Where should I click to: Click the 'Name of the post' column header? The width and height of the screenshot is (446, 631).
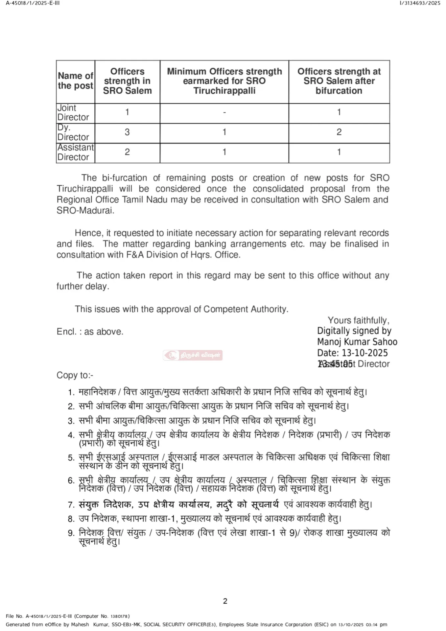point(76,81)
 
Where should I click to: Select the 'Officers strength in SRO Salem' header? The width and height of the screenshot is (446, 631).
point(127,81)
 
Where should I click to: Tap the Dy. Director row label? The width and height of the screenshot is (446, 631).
point(73,132)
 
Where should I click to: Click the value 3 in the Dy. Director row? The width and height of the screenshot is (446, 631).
point(127,132)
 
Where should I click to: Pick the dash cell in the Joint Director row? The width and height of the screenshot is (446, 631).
point(224,112)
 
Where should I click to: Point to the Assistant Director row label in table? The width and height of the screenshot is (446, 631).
point(75,152)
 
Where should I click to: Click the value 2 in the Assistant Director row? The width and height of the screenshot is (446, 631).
point(127,152)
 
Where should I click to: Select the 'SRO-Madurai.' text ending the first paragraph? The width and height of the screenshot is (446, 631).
point(85,211)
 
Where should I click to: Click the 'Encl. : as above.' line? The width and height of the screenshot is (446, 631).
point(90,332)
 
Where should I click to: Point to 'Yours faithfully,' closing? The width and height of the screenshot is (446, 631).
point(359,320)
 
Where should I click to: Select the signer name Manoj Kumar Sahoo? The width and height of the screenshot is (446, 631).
point(357,342)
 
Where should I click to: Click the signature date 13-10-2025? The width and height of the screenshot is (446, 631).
point(365,353)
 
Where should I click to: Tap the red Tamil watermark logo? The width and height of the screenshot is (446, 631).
point(193,355)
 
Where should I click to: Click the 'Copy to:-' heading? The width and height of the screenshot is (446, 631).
point(75,375)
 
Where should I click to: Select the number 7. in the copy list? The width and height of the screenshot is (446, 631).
point(71,505)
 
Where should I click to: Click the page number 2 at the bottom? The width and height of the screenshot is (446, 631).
point(225,601)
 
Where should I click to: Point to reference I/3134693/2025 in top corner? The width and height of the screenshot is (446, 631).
point(420,3)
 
